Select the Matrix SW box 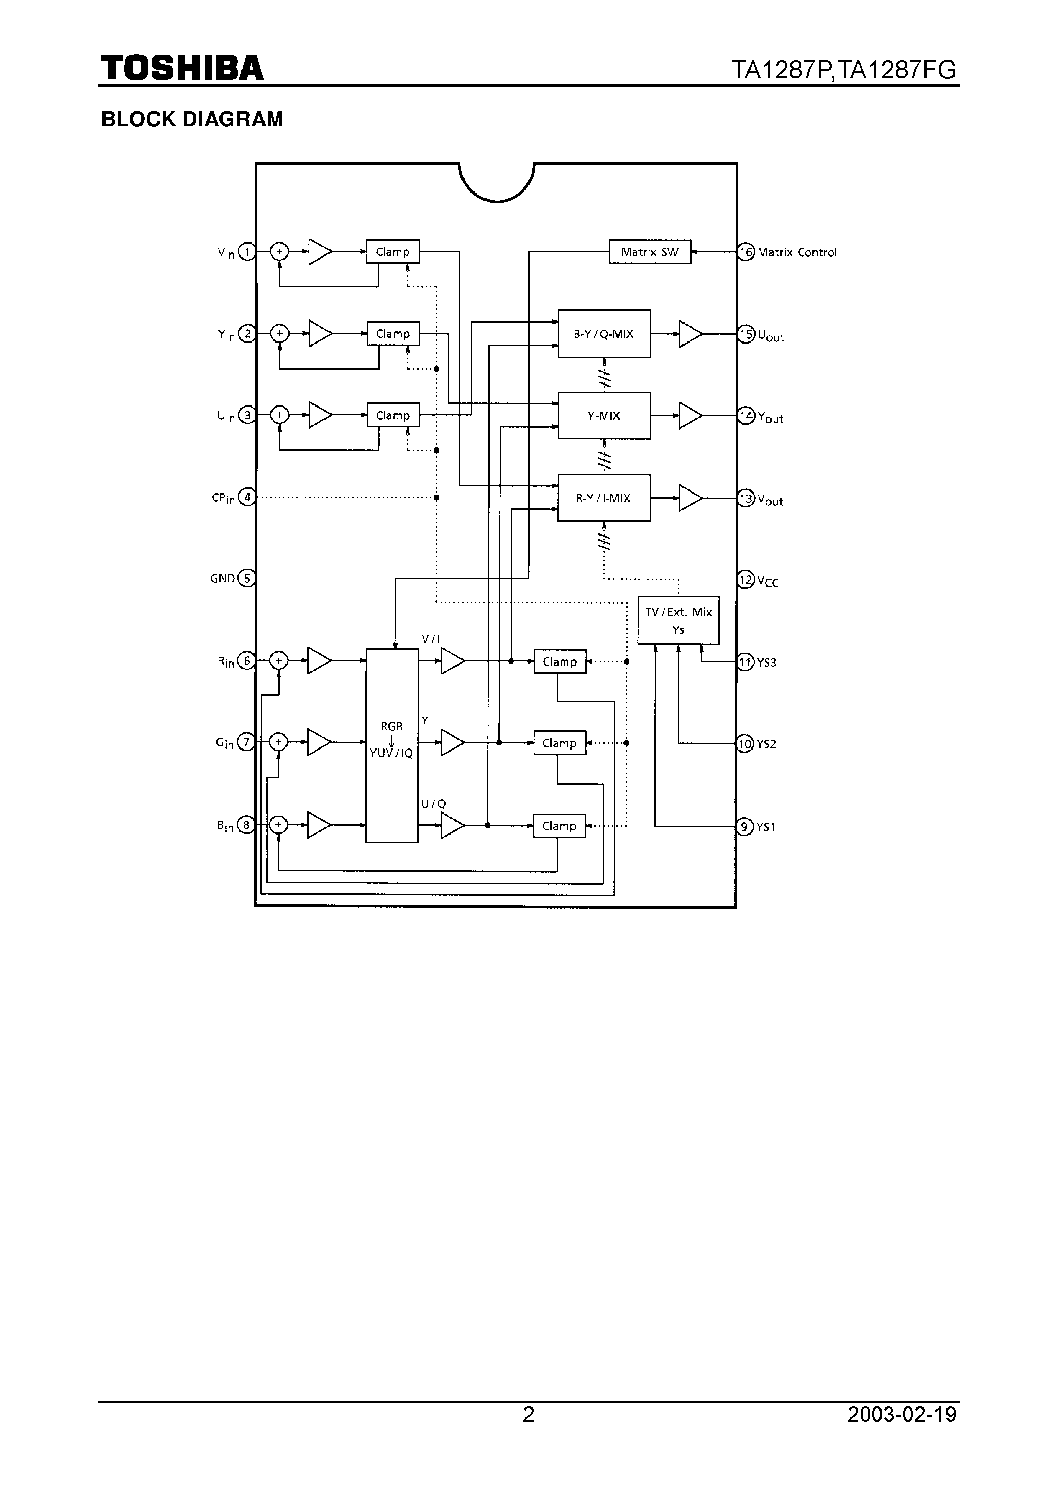click(x=649, y=252)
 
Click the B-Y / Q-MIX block click(x=603, y=334)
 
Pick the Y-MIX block click(x=603, y=415)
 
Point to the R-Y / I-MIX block click(x=603, y=498)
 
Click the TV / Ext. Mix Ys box click(x=678, y=620)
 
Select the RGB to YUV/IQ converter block click(x=392, y=745)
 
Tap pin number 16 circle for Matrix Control click(x=746, y=252)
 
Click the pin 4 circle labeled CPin click(x=246, y=498)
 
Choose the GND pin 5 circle click(x=246, y=579)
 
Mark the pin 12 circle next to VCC click(x=746, y=580)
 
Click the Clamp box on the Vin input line click(x=392, y=252)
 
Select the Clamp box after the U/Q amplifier click(x=559, y=826)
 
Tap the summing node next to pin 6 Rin click(x=278, y=660)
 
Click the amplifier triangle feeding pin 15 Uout click(x=690, y=334)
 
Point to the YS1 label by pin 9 click(x=766, y=827)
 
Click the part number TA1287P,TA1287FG click(x=844, y=70)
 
